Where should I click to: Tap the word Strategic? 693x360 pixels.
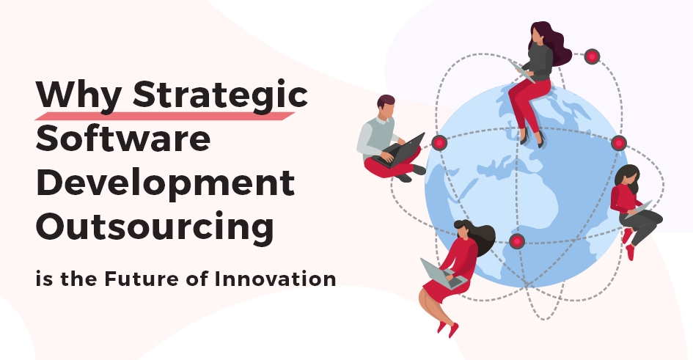pos(220,95)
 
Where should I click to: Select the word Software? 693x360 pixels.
pos(123,139)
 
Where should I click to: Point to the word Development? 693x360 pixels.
pos(165,183)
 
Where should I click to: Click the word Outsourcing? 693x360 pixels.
pos(155,227)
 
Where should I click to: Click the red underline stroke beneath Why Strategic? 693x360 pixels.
pos(164,116)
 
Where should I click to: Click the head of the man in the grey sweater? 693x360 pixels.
pos(386,106)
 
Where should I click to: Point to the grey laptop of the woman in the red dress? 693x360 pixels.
pos(443,274)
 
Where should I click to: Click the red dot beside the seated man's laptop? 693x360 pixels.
pos(439,143)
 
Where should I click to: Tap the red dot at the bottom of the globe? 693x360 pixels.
pos(517,241)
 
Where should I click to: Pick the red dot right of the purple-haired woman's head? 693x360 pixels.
pos(592,56)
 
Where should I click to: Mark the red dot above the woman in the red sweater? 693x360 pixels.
pos(619,143)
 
